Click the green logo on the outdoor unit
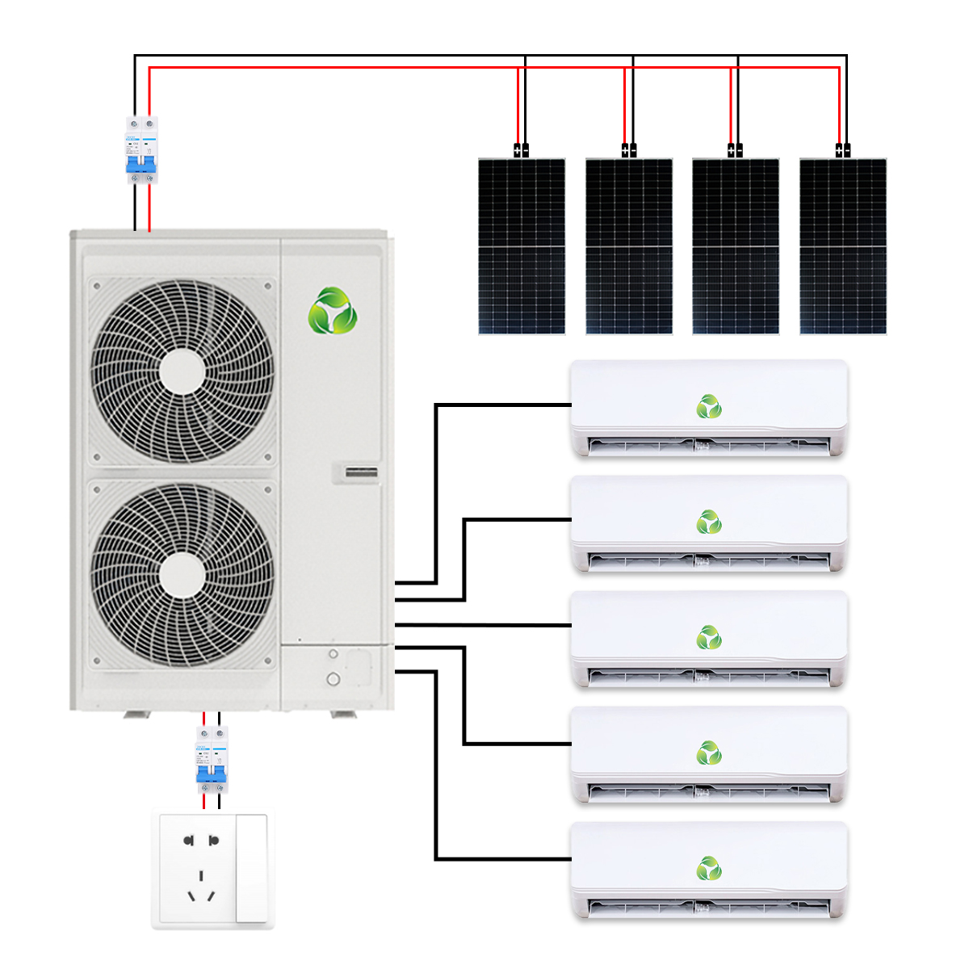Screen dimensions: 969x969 332,311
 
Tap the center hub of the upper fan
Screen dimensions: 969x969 182,372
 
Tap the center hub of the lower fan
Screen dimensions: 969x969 182,576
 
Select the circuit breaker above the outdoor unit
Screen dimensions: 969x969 141,149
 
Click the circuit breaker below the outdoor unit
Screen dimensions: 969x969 212,759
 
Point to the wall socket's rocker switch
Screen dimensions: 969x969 251,868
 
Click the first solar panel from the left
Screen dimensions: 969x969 522,246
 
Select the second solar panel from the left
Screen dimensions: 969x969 629,246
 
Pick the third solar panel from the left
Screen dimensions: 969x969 736,246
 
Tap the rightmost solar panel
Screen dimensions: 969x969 843,246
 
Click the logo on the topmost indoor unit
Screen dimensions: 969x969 709,407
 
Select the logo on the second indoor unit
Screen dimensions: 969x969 709,522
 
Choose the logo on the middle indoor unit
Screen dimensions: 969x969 709,638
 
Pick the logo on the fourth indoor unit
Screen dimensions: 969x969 709,753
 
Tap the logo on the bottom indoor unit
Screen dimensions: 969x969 709,869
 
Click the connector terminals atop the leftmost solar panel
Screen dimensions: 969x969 521,149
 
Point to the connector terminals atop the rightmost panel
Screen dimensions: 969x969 842,149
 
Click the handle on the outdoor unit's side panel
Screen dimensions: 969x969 362,473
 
